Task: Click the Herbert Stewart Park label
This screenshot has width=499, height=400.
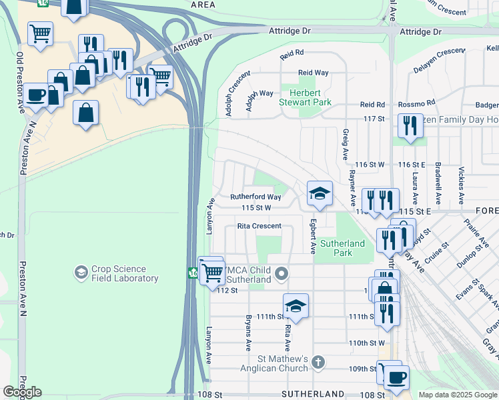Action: click(x=310, y=98)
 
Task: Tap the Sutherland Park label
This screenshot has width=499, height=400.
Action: click(x=343, y=248)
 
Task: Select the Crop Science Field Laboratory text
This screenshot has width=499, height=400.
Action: click(x=125, y=273)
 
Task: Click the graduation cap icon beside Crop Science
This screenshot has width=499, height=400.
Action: click(x=81, y=273)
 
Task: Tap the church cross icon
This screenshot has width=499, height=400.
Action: click(x=318, y=363)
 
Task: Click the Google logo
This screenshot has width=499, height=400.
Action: click(x=22, y=392)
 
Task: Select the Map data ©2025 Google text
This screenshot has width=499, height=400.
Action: click(x=457, y=395)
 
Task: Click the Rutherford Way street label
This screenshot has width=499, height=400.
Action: click(x=256, y=197)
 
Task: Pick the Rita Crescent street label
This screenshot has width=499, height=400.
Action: click(x=259, y=226)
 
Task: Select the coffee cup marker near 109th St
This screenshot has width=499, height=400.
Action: click(x=396, y=377)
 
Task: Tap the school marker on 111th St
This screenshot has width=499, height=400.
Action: click(x=296, y=306)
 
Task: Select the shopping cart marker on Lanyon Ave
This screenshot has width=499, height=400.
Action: click(x=212, y=271)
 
